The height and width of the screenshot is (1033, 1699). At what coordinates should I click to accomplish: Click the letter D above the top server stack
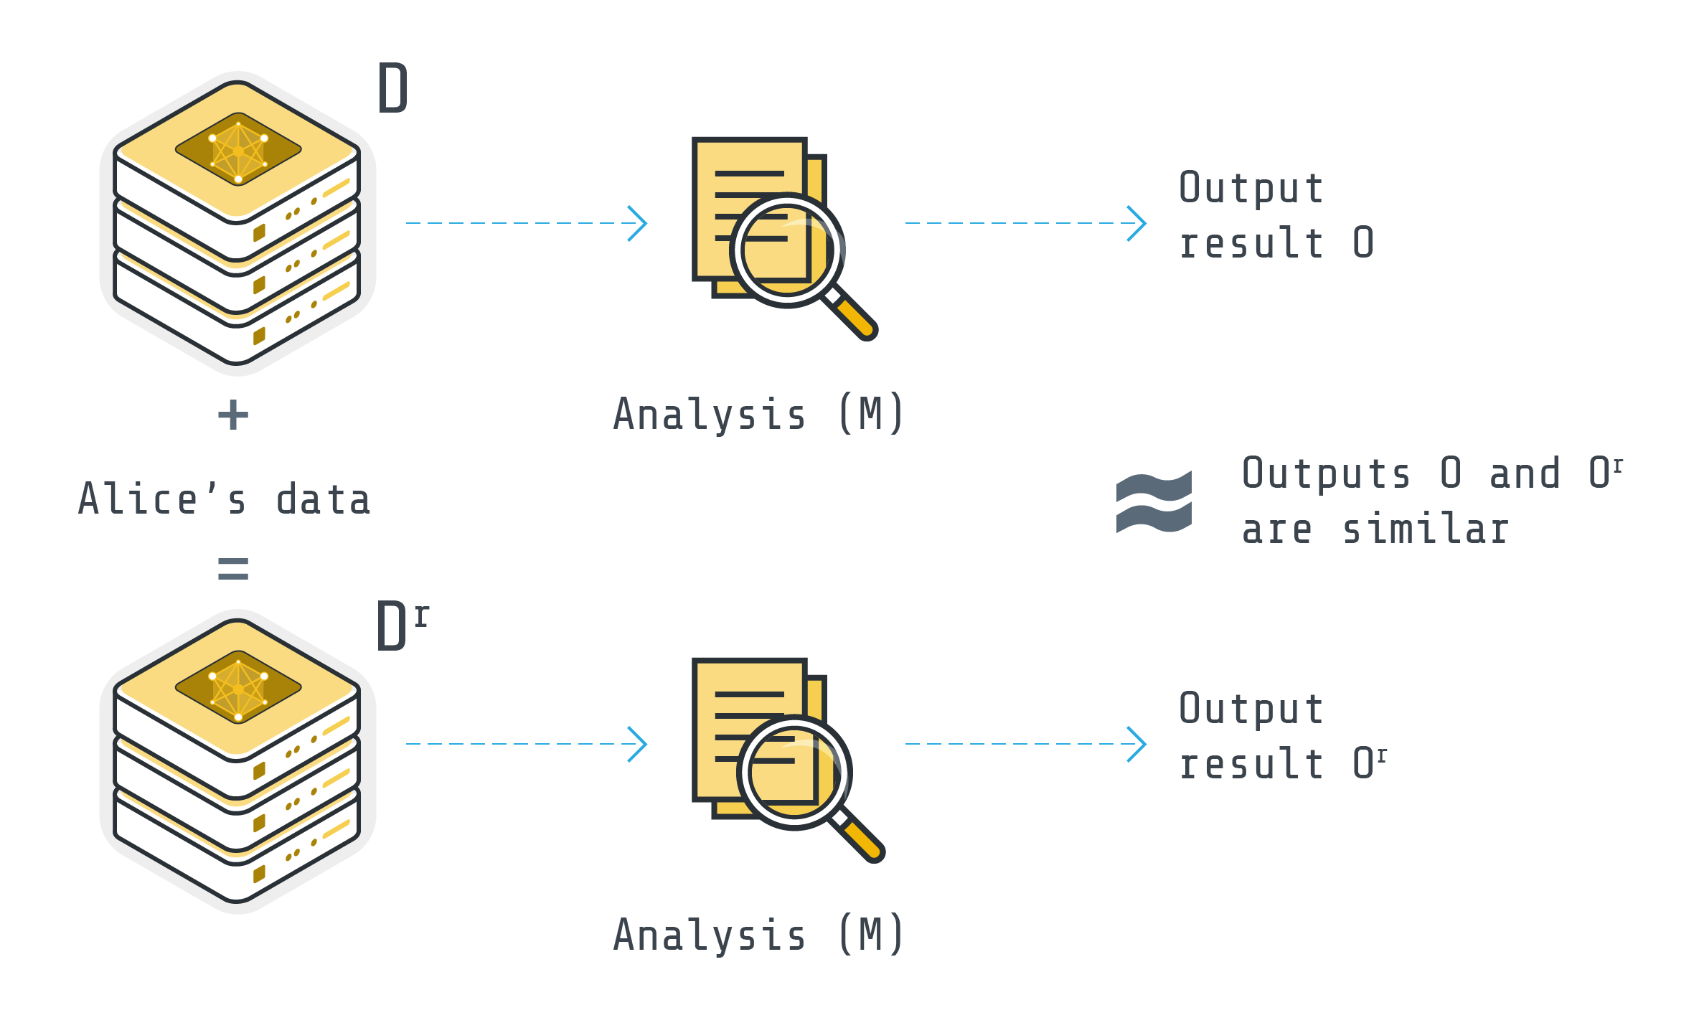[392, 88]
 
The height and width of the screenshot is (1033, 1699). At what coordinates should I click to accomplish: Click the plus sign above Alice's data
[233, 415]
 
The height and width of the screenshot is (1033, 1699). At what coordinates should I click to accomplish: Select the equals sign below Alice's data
[233, 568]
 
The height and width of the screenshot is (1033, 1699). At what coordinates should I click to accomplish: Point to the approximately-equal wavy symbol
[1154, 502]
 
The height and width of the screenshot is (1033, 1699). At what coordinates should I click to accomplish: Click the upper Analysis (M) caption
[758, 415]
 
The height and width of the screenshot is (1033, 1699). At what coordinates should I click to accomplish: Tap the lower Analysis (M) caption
[758, 935]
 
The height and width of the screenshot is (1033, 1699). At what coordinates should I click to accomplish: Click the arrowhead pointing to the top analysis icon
[638, 223]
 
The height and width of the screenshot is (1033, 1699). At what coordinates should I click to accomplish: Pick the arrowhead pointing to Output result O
[1137, 223]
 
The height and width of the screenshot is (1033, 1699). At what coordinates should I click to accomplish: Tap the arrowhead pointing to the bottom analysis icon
[638, 744]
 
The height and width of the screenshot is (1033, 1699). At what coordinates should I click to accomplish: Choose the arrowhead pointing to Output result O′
[1137, 744]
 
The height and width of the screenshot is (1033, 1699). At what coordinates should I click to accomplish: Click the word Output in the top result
[1251, 189]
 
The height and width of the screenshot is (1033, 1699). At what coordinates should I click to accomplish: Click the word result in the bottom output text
[1251, 764]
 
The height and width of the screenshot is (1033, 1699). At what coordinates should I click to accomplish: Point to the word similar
[1426, 530]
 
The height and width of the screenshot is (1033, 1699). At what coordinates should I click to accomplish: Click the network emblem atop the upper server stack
[238, 149]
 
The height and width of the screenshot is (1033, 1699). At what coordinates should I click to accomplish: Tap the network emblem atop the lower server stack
[238, 687]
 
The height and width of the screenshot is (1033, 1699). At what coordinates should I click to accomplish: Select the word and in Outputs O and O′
[1525, 474]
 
